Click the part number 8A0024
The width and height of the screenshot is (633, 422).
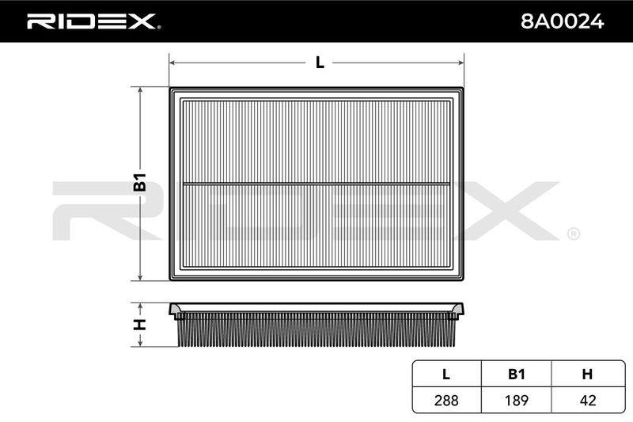(562, 21)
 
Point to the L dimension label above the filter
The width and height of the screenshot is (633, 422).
(320, 63)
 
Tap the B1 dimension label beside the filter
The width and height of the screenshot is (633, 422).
(140, 182)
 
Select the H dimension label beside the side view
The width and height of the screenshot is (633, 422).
(140, 324)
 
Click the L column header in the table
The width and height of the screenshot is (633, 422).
(446, 374)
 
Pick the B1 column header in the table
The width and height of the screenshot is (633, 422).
(517, 374)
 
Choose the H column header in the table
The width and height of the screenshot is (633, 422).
(587, 374)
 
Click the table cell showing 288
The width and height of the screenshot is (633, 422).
(446, 400)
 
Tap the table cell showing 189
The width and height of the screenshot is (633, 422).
(517, 400)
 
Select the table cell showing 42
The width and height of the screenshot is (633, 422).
(588, 400)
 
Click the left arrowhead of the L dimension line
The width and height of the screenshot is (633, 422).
(172, 63)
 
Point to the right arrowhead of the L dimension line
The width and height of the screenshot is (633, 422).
(461, 63)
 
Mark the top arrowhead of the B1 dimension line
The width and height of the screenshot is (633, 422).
(140, 90)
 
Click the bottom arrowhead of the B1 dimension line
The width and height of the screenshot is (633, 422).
(140, 277)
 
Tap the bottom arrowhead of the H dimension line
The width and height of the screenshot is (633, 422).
(140, 343)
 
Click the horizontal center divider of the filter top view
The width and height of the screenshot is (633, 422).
(316, 184)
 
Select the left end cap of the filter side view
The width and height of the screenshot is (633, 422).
(175, 311)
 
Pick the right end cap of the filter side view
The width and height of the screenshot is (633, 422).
(458, 311)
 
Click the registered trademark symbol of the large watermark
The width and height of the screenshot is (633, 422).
(574, 234)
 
